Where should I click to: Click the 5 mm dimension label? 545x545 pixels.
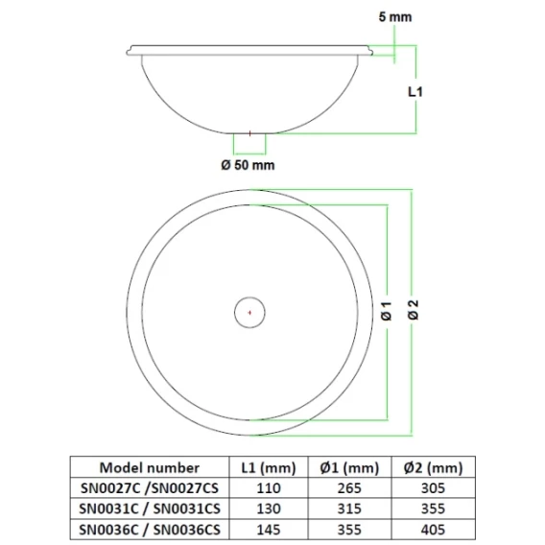(x=395, y=16)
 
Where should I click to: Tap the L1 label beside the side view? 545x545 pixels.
(x=415, y=92)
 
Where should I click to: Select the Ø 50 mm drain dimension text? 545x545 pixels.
(x=248, y=165)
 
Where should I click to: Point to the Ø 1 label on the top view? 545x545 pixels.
(x=386, y=311)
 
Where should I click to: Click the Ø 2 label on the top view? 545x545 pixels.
(x=414, y=310)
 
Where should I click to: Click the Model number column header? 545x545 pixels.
(x=150, y=467)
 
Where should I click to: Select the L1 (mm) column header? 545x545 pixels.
(x=269, y=468)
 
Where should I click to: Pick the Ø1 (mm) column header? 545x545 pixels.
(x=349, y=468)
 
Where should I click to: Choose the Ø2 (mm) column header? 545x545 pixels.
(x=433, y=468)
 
